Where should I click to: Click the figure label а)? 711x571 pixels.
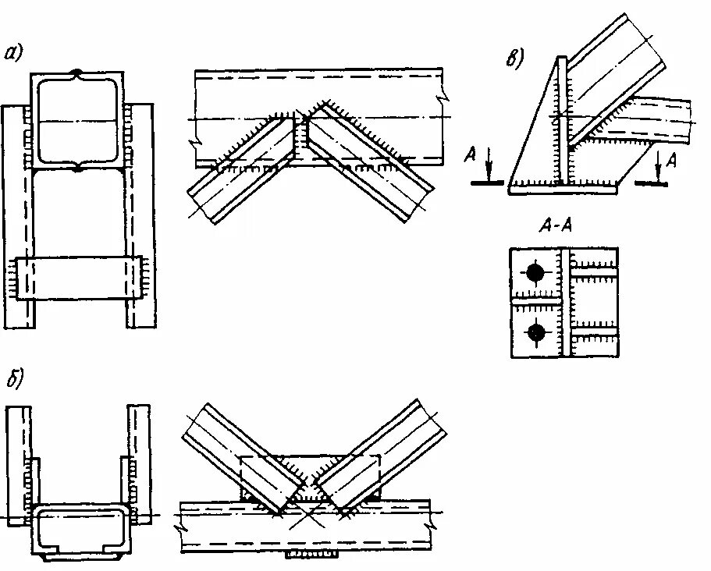tap(14, 53)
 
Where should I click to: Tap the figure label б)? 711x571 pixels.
tap(14, 380)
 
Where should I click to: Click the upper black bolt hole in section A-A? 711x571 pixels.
tap(535, 272)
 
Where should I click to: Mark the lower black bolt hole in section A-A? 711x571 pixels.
tap(535, 332)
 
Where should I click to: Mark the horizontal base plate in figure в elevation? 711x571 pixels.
tap(562, 187)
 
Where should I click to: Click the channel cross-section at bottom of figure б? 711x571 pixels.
tap(78, 530)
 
